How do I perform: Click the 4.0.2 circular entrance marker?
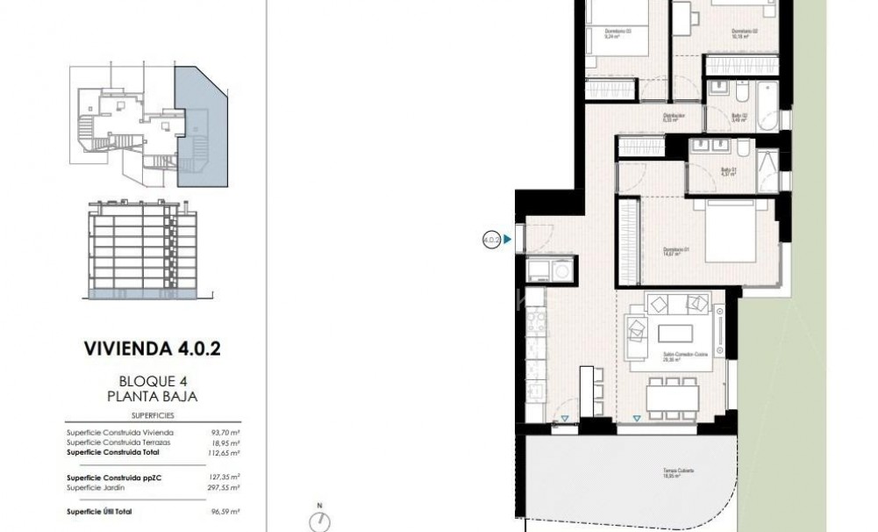click(491, 237)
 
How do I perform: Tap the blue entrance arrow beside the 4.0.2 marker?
click(509, 237)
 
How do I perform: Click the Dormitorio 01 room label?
click(675, 252)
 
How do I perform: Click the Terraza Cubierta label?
click(678, 471)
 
